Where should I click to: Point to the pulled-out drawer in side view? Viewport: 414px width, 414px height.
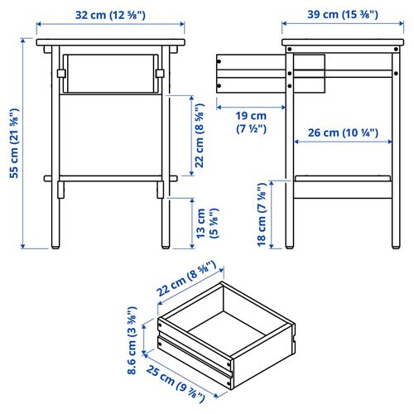point(248,73)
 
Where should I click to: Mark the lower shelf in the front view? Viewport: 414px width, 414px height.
point(110,177)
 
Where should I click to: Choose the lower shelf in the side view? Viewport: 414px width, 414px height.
point(341,177)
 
